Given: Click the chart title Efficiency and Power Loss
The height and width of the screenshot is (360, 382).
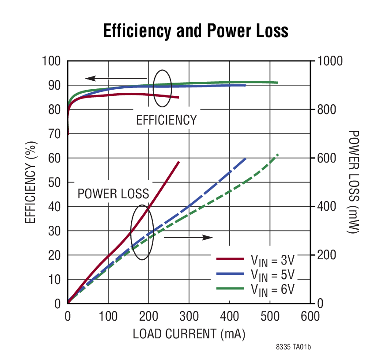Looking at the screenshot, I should tap(195, 31).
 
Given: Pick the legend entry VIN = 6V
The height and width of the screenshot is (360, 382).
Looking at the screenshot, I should tap(272, 289).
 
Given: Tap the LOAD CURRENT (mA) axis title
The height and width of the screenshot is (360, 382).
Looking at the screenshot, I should tap(189, 334).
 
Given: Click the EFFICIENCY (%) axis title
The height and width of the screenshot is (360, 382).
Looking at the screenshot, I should tap(30, 182).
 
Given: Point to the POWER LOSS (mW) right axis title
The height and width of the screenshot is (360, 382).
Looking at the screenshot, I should tap(354, 182).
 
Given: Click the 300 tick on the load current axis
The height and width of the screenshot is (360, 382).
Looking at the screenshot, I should tap(189, 317).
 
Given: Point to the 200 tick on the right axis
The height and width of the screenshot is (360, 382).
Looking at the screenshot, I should tap(327, 255).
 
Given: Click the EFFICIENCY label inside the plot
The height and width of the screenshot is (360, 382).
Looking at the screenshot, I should tap(166, 120).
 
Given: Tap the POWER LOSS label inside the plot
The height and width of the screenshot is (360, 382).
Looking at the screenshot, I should tap(113, 194).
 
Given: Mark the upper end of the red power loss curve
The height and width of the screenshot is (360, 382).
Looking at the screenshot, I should tap(179, 162).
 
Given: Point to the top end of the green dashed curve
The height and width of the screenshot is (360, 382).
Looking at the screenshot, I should tap(278, 154).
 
